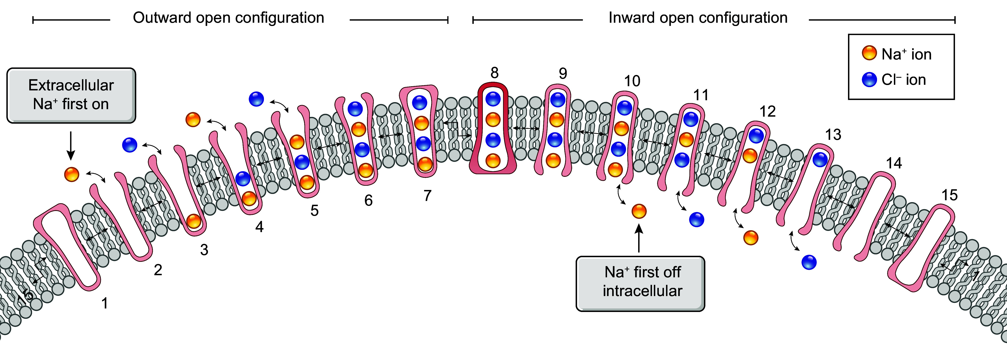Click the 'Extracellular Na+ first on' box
click(71, 95)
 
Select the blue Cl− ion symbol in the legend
click(869, 79)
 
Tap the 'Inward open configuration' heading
click(698, 18)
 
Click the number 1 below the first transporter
click(104, 303)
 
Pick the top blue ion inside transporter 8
click(493, 99)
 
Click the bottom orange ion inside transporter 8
click(493, 160)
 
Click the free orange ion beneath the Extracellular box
click(71, 174)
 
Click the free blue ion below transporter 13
click(809, 262)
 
